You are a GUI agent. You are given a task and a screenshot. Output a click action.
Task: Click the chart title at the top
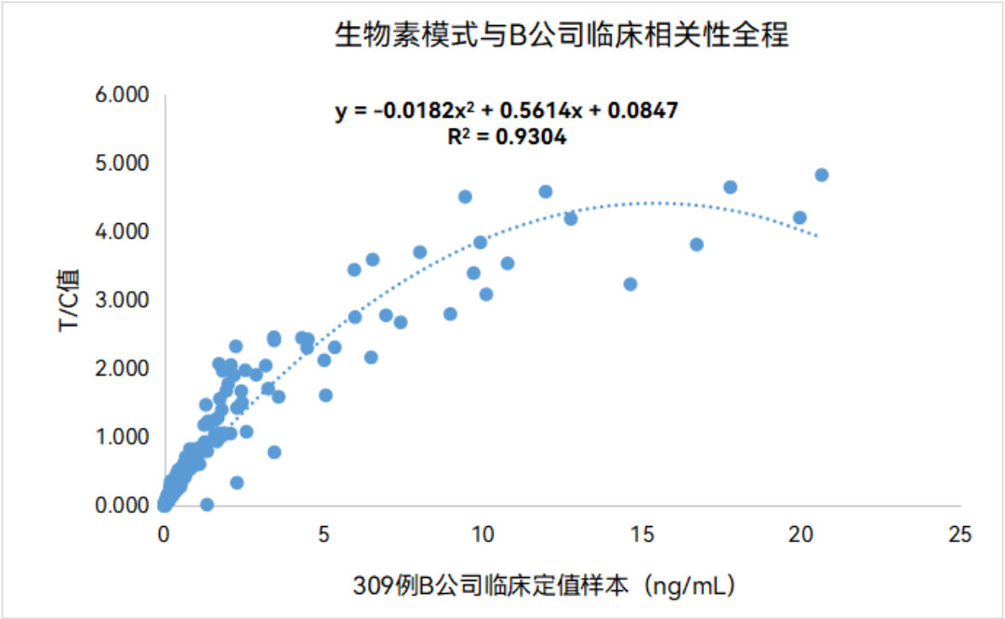coord(562,35)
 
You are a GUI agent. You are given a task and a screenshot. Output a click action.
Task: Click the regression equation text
coord(507,112)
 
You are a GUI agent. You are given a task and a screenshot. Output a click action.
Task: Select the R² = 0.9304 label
coord(507,138)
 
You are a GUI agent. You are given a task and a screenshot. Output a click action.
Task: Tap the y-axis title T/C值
coord(70,301)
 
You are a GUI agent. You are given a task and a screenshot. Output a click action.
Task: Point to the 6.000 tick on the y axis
coord(123,95)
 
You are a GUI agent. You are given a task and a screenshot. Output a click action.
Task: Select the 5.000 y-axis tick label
coord(123,164)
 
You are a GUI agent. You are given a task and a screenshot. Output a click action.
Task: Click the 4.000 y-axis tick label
coord(123,231)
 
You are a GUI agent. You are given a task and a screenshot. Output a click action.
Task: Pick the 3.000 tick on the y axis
coord(123,300)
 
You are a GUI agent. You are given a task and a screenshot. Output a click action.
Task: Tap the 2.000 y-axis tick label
coord(123,369)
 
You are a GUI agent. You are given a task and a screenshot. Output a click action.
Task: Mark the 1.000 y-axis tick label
coord(123,437)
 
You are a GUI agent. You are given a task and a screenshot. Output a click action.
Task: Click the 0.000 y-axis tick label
coord(123,506)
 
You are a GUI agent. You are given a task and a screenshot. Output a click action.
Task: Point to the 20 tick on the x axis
coord(800,535)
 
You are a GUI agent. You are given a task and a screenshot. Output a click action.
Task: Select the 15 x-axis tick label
coord(641,535)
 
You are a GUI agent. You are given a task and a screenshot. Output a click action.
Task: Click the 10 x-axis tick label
coord(483,535)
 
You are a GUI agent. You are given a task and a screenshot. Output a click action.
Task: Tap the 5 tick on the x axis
coord(324,535)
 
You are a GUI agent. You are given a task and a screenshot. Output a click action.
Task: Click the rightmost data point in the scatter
coord(821,175)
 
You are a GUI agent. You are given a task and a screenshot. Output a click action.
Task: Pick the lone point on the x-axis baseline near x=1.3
coord(206,505)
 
